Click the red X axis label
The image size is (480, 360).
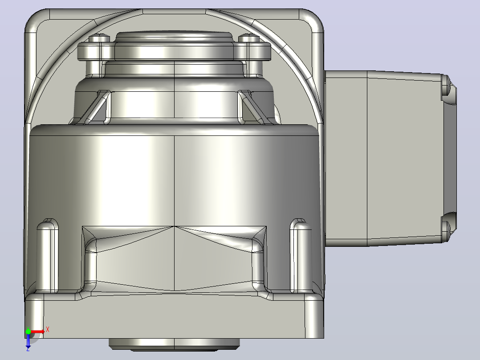[x=48, y=330]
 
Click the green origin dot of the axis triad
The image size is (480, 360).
[x=28, y=331]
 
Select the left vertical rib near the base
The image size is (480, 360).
[x=48, y=256]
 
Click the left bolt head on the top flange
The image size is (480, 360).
[x=99, y=38]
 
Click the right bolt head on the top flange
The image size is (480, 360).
[x=249, y=38]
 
